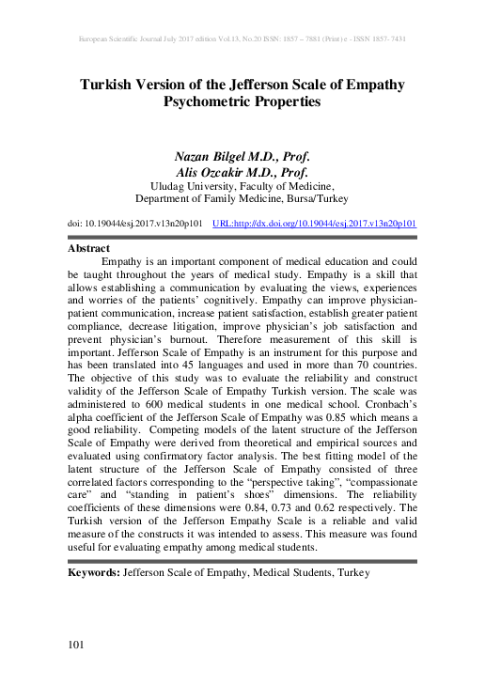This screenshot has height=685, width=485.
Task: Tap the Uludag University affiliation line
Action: (242, 186)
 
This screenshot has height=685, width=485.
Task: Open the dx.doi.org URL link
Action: (316, 225)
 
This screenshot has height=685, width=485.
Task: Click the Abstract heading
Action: (90, 249)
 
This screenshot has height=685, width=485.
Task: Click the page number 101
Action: (77, 644)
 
